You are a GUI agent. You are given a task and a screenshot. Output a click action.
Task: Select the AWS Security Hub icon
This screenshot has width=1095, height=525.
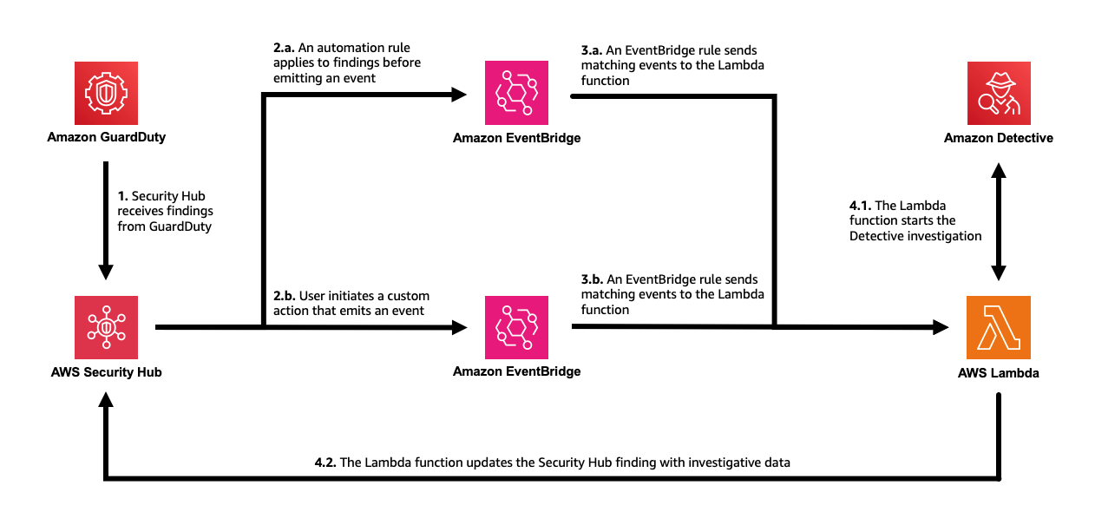(106, 327)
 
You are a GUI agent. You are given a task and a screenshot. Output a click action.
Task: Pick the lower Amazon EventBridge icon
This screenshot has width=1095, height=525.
(516, 327)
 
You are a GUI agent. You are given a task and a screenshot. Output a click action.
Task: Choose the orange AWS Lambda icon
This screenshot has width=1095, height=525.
(999, 327)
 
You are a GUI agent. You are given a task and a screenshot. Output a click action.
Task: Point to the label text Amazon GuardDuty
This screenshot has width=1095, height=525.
(106, 138)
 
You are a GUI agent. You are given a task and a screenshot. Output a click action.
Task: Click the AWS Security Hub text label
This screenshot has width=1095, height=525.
(106, 372)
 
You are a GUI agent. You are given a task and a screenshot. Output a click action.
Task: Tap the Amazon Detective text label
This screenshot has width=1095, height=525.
(999, 138)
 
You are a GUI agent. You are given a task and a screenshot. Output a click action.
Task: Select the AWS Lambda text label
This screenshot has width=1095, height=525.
(999, 373)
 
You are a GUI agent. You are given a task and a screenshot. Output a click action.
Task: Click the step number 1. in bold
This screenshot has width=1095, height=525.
(123, 196)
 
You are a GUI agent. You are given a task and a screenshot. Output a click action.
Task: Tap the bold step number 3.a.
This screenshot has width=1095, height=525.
(593, 51)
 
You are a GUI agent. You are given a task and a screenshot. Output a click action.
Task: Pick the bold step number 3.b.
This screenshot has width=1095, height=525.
(593, 279)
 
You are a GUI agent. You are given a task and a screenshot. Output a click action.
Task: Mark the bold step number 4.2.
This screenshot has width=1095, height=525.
(325, 463)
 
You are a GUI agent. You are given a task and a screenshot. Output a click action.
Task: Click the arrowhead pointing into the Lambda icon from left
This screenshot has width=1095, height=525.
(941, 327)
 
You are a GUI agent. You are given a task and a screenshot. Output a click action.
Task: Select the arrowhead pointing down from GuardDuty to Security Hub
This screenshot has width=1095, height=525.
(106, 272)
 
